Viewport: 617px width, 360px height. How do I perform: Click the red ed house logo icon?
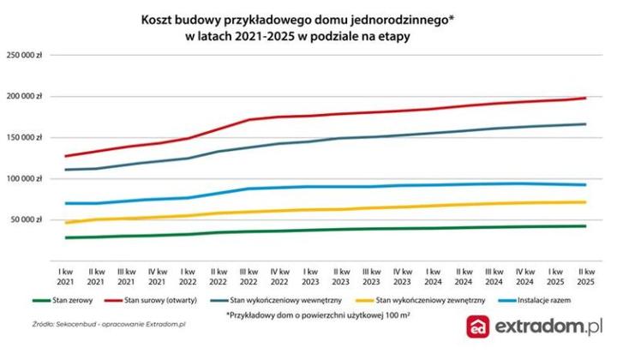477,329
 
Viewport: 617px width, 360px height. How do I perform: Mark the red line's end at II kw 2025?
585,98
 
